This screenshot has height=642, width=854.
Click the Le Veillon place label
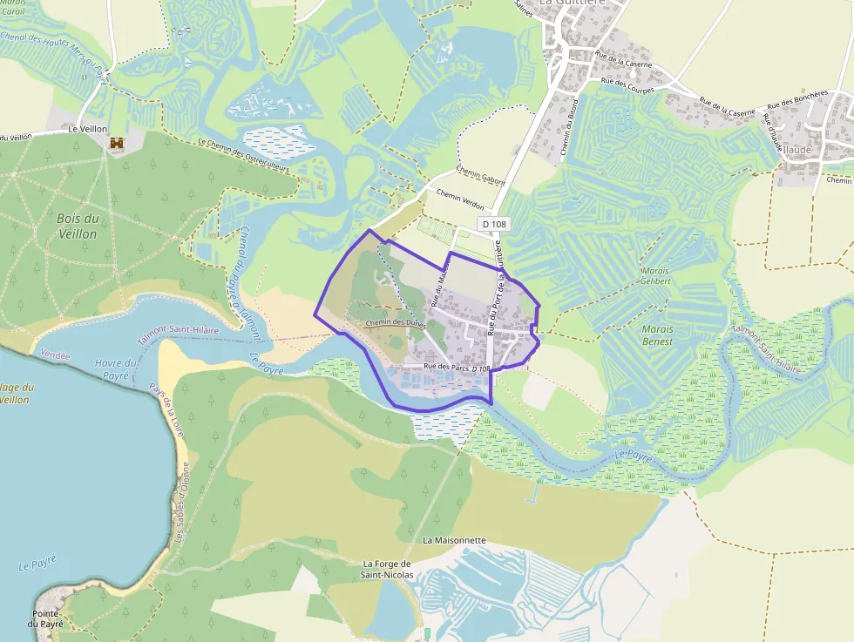point(87,129)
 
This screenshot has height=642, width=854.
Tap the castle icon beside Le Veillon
point(116,142)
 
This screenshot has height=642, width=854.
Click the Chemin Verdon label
point(459,200)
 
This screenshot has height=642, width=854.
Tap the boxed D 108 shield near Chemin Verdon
point(492,225)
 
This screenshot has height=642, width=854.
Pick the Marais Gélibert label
point(655,276)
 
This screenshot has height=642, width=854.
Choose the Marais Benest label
point(657,335)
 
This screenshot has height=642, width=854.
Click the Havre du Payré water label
point(116,368)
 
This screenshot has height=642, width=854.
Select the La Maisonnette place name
point(454,540)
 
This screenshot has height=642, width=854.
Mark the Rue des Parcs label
point(447,367)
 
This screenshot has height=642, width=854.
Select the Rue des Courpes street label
point(628,84)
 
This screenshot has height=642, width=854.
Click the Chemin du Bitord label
point(571,135)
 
